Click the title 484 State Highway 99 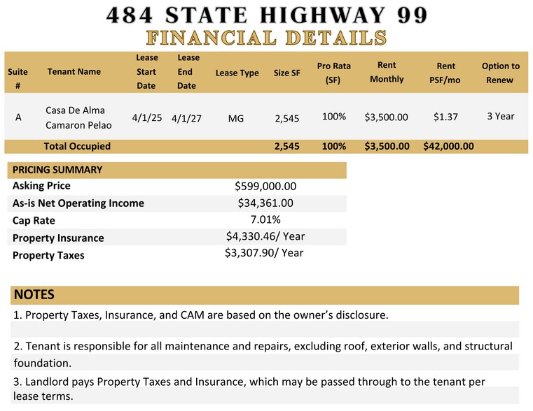(x=266, y=15)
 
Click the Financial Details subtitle (x=266, y=37)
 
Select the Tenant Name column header (x=74, y=71)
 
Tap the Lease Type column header (x=237, y=73)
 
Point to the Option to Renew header (x=501, y=73)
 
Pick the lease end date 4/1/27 (x=186, y=118)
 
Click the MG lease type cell (x=236, y=118)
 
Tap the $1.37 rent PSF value (x=445, y=117)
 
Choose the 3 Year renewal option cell (x=501, y=116)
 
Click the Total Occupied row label (x=77, y=146)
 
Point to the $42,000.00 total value (x=449, y=146)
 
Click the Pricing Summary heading (x=57, y=170)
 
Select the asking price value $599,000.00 (x=265, y=186)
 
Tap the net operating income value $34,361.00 (x=265, y=203)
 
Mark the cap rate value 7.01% (x=265, y=219)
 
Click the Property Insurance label (x=58, y=238)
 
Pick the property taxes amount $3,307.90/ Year (x=264, y=253)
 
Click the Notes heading (x=34, y=294)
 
